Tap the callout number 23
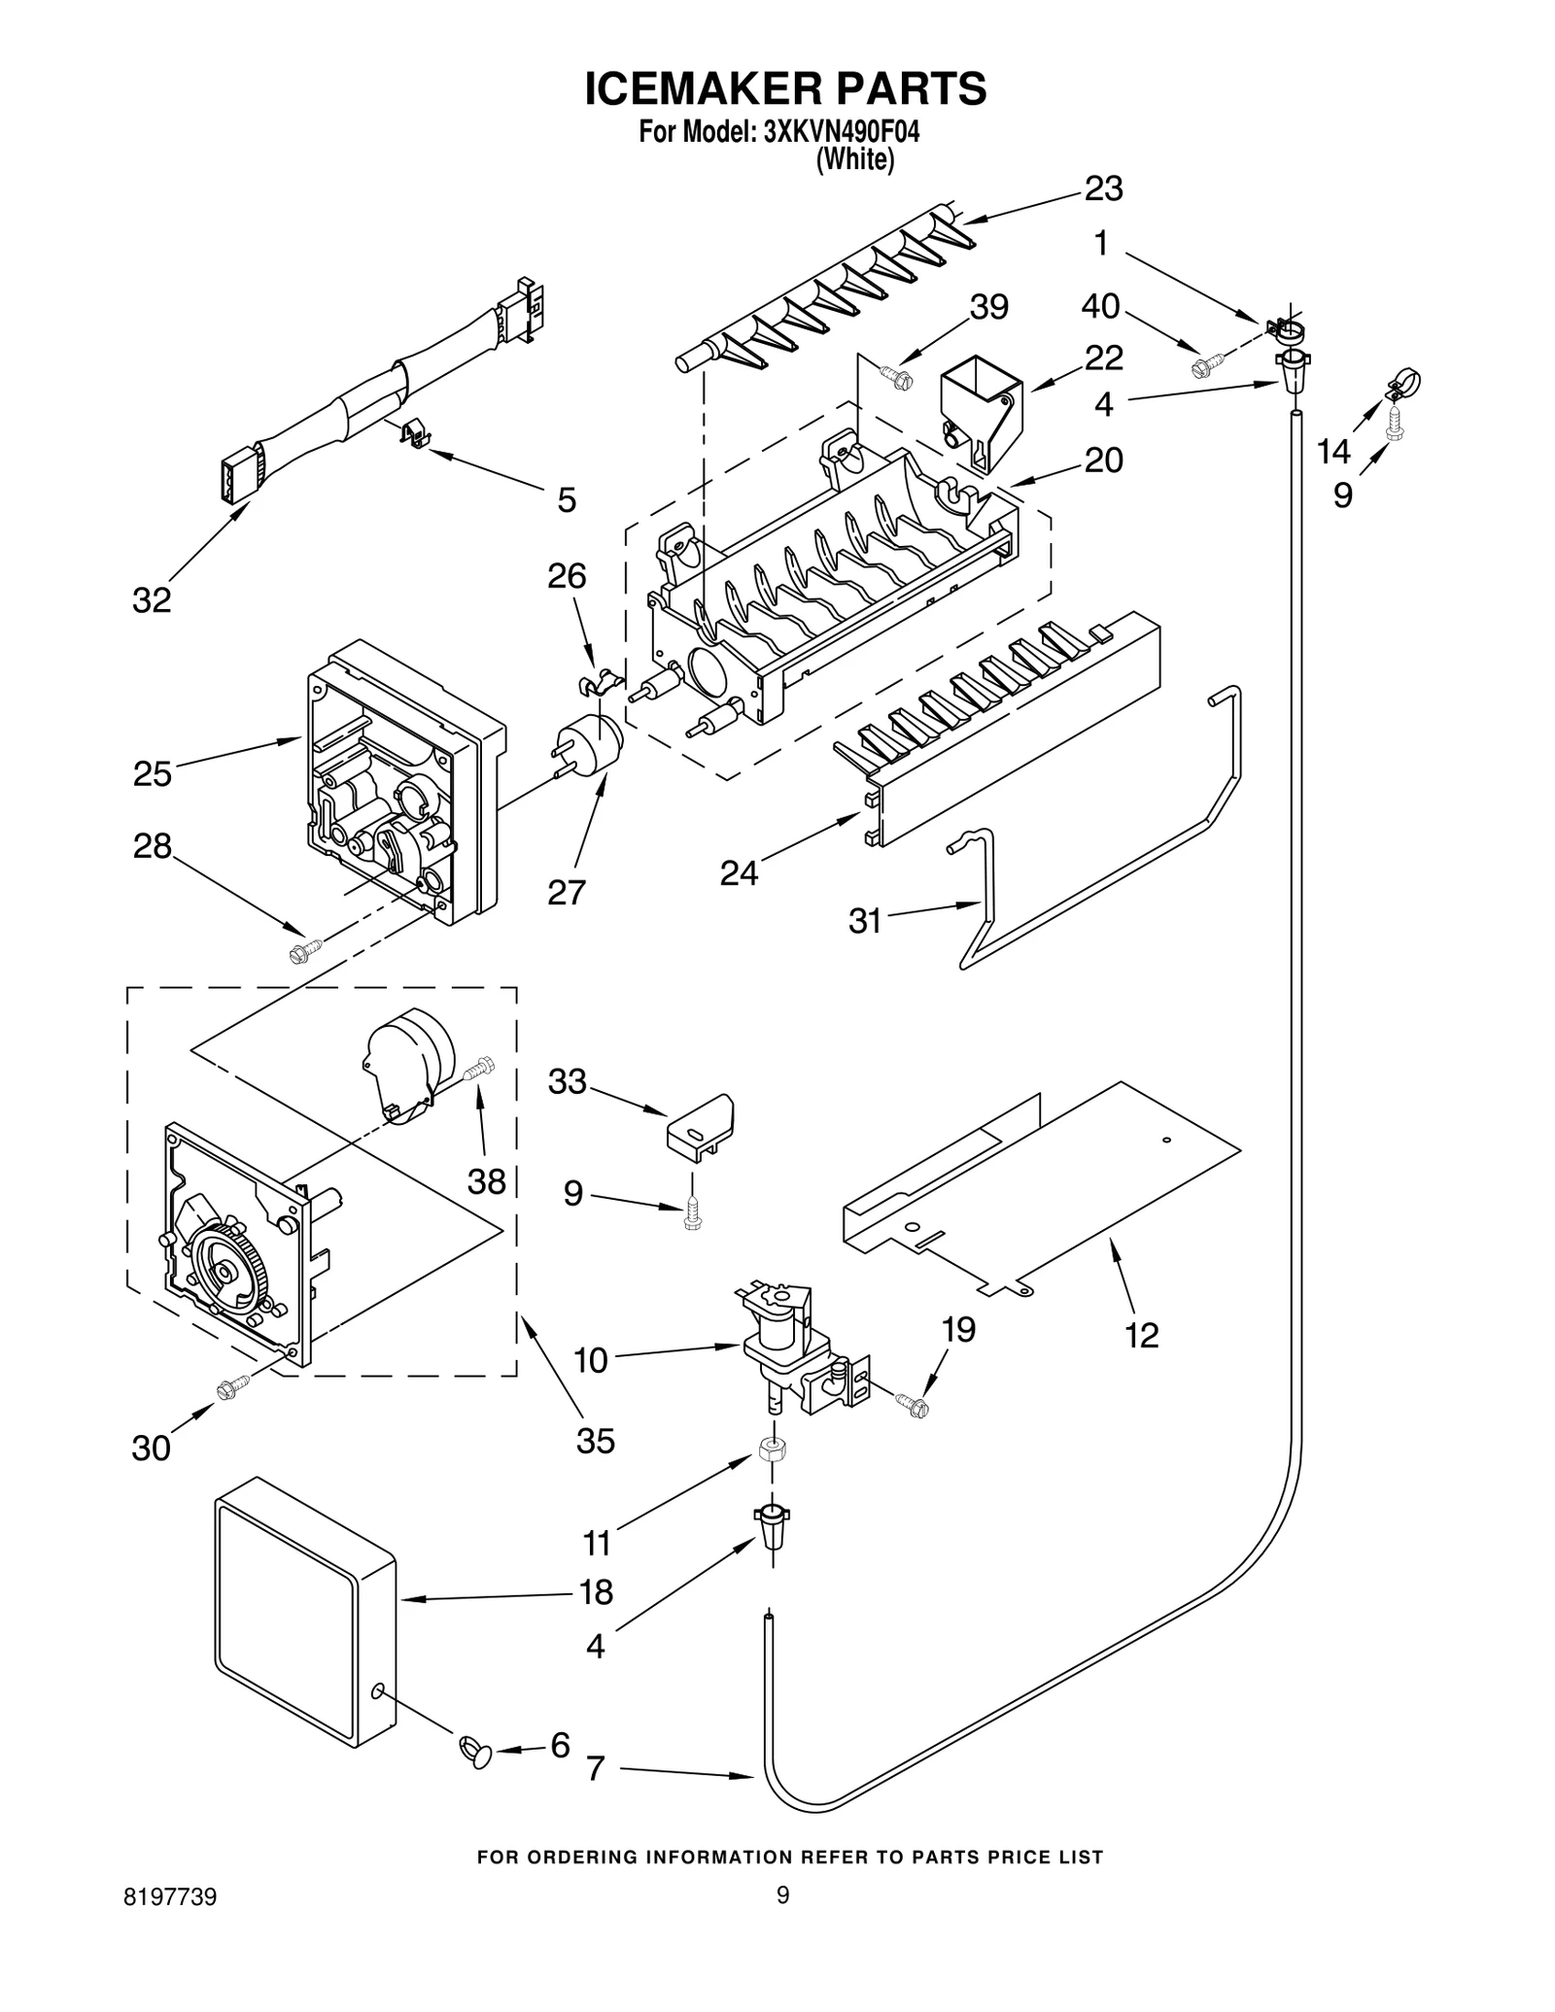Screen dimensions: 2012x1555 1103,188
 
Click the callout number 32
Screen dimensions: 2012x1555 152,600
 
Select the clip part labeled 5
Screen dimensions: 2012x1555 416,432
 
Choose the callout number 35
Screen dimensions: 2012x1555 595,1440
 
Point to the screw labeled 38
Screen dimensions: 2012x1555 480,1070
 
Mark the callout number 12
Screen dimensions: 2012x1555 1142,1336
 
